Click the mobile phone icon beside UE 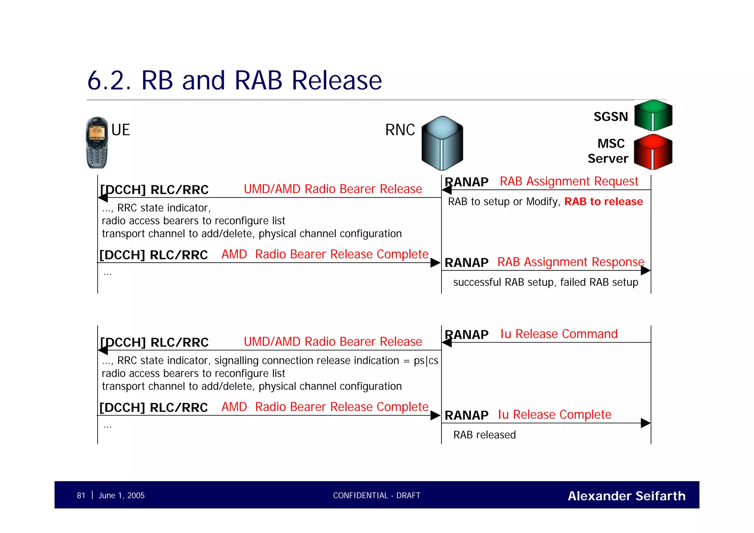97,143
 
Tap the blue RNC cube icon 442,143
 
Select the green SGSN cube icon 653,115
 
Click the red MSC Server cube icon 653,152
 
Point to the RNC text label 400,130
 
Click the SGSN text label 610,117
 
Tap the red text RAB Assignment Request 568,181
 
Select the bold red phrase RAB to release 603,201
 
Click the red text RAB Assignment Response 570,262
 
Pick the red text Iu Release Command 559,334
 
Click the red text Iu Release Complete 554,414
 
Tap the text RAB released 484,435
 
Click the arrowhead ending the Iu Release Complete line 645,423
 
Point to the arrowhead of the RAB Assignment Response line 645,270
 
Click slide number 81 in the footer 81,495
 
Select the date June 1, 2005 121,495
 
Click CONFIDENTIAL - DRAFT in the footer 377,495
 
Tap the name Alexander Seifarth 626,496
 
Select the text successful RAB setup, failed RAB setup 545,282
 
